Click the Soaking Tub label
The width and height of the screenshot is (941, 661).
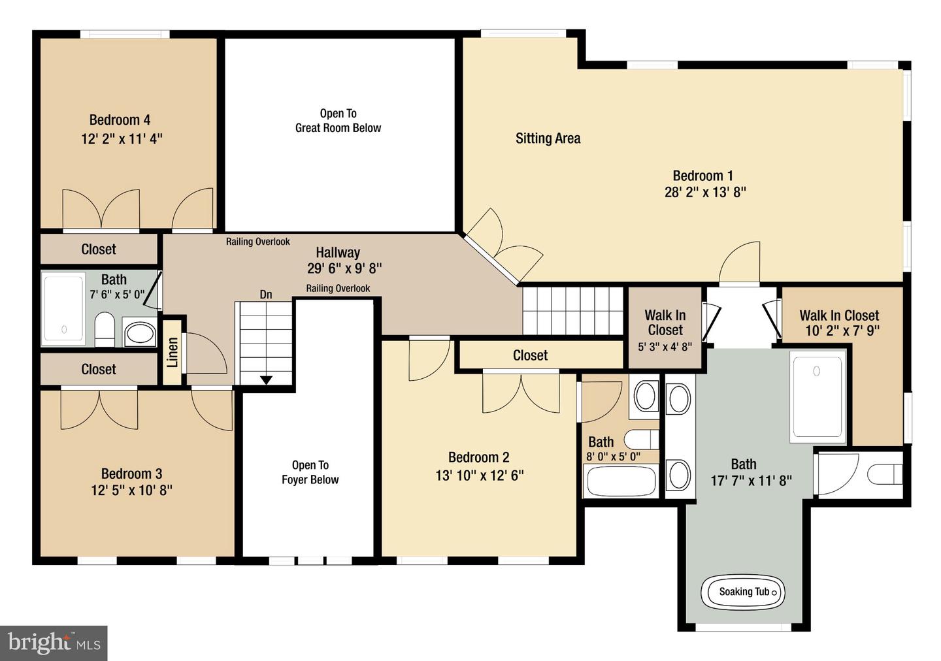744,592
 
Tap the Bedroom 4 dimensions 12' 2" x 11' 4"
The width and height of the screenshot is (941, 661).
122,138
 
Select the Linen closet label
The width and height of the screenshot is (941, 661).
173,353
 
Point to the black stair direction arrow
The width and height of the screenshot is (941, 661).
267,380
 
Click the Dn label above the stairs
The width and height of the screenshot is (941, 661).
266,295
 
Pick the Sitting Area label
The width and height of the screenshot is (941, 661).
548,138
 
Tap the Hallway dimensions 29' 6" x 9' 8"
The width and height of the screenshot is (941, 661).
344,268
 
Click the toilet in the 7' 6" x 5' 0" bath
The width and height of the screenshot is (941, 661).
105,330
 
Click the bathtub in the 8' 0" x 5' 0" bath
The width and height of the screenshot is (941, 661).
621,481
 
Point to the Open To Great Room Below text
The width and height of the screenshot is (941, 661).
338,121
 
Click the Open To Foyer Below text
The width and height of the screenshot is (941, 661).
310,472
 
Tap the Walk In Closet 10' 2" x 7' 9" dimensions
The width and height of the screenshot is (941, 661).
842,331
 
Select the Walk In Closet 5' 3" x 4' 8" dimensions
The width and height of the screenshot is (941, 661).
665,347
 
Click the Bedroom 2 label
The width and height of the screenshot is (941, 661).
479,457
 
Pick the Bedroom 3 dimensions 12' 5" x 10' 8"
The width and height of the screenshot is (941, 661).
132,490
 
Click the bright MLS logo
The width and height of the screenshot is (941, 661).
54,643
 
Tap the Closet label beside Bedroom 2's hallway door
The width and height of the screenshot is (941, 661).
530,356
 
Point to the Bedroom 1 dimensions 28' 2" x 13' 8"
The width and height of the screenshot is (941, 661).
705,192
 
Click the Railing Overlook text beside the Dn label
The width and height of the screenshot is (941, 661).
338,289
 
